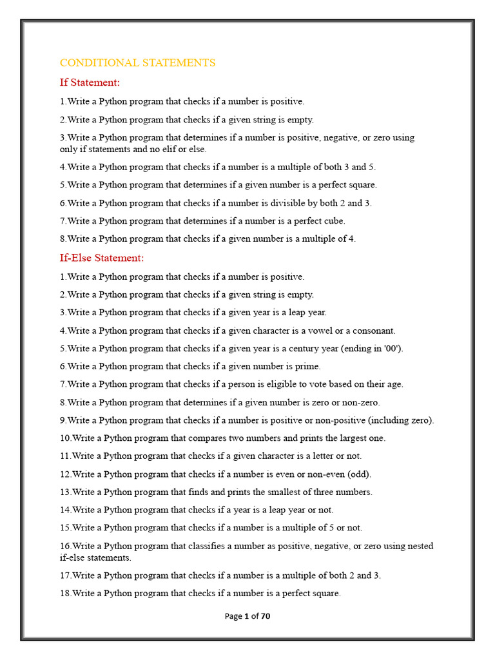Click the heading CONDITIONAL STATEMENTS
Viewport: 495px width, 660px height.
tap(137, 63)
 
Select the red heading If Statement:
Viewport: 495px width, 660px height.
tap(90, 82)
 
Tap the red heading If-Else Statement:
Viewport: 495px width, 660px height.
tap(102, 258)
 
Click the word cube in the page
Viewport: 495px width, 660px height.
tap(333, 220)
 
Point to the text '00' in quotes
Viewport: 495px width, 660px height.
tap(391, 349)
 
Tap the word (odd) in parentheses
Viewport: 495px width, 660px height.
tap(359, 474)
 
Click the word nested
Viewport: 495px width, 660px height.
tap(420, 546)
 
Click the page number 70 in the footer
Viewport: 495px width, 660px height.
tap(266, 616)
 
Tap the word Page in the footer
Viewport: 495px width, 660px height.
tap(233, 616)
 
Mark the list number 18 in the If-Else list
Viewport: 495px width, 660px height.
tap(64, 593)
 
